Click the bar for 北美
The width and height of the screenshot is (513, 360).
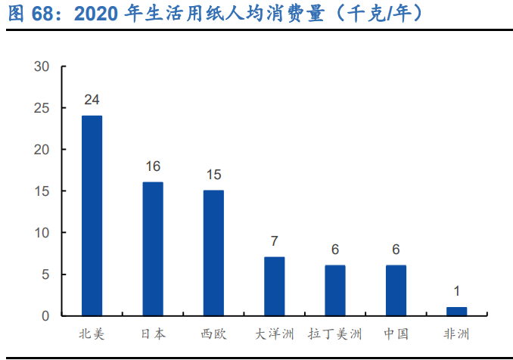[92, 216]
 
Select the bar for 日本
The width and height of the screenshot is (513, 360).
[153, 249]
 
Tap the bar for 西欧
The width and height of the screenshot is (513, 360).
[213, 253]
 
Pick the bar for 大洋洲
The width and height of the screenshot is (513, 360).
[274, 286]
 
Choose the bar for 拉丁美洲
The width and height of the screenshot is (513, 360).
[335, 290]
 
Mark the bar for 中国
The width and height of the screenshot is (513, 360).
[396, 290]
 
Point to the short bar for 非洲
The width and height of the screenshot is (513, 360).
[456, 311]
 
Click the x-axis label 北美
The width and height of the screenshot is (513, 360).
[92, 334]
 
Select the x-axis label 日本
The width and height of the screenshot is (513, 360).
[153, 334]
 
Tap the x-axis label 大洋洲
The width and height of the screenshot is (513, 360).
[274, 334]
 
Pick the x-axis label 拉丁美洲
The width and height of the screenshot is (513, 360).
[335, 334]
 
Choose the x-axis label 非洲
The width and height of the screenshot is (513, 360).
[456, 334]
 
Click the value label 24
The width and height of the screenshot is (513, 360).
[92, 100]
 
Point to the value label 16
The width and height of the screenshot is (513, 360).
[153, 166]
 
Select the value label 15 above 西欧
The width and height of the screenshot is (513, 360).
[213, 175]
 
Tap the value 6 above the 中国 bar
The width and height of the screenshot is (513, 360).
[396, 250]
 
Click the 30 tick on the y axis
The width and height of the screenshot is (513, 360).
[42, 67]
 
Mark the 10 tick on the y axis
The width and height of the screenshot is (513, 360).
[42, 233]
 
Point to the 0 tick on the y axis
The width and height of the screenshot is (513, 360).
[45, 315]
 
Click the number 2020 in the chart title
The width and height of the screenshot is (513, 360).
[97, 14]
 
